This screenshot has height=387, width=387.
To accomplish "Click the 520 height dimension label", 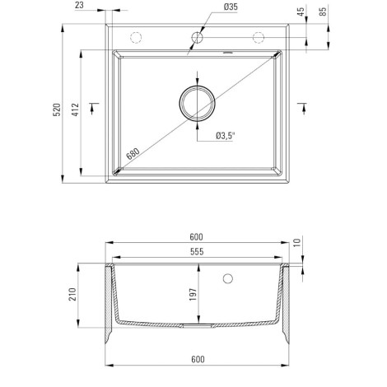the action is pos(57,110).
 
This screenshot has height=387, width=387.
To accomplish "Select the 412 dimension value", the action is pos(76,110).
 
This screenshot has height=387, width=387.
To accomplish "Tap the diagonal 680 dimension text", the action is pos(133,154).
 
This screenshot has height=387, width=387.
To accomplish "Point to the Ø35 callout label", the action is pos(231,7).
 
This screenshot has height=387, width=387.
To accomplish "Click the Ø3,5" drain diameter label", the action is pos(226,136).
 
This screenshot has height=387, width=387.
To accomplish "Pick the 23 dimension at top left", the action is pos(79,5).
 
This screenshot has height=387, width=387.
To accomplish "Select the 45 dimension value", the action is pos(301,12).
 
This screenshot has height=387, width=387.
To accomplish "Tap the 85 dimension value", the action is pos(324,12).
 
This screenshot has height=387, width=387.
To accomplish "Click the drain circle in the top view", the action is pos(197,103).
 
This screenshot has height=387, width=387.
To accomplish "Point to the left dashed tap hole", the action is pos(136,37).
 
